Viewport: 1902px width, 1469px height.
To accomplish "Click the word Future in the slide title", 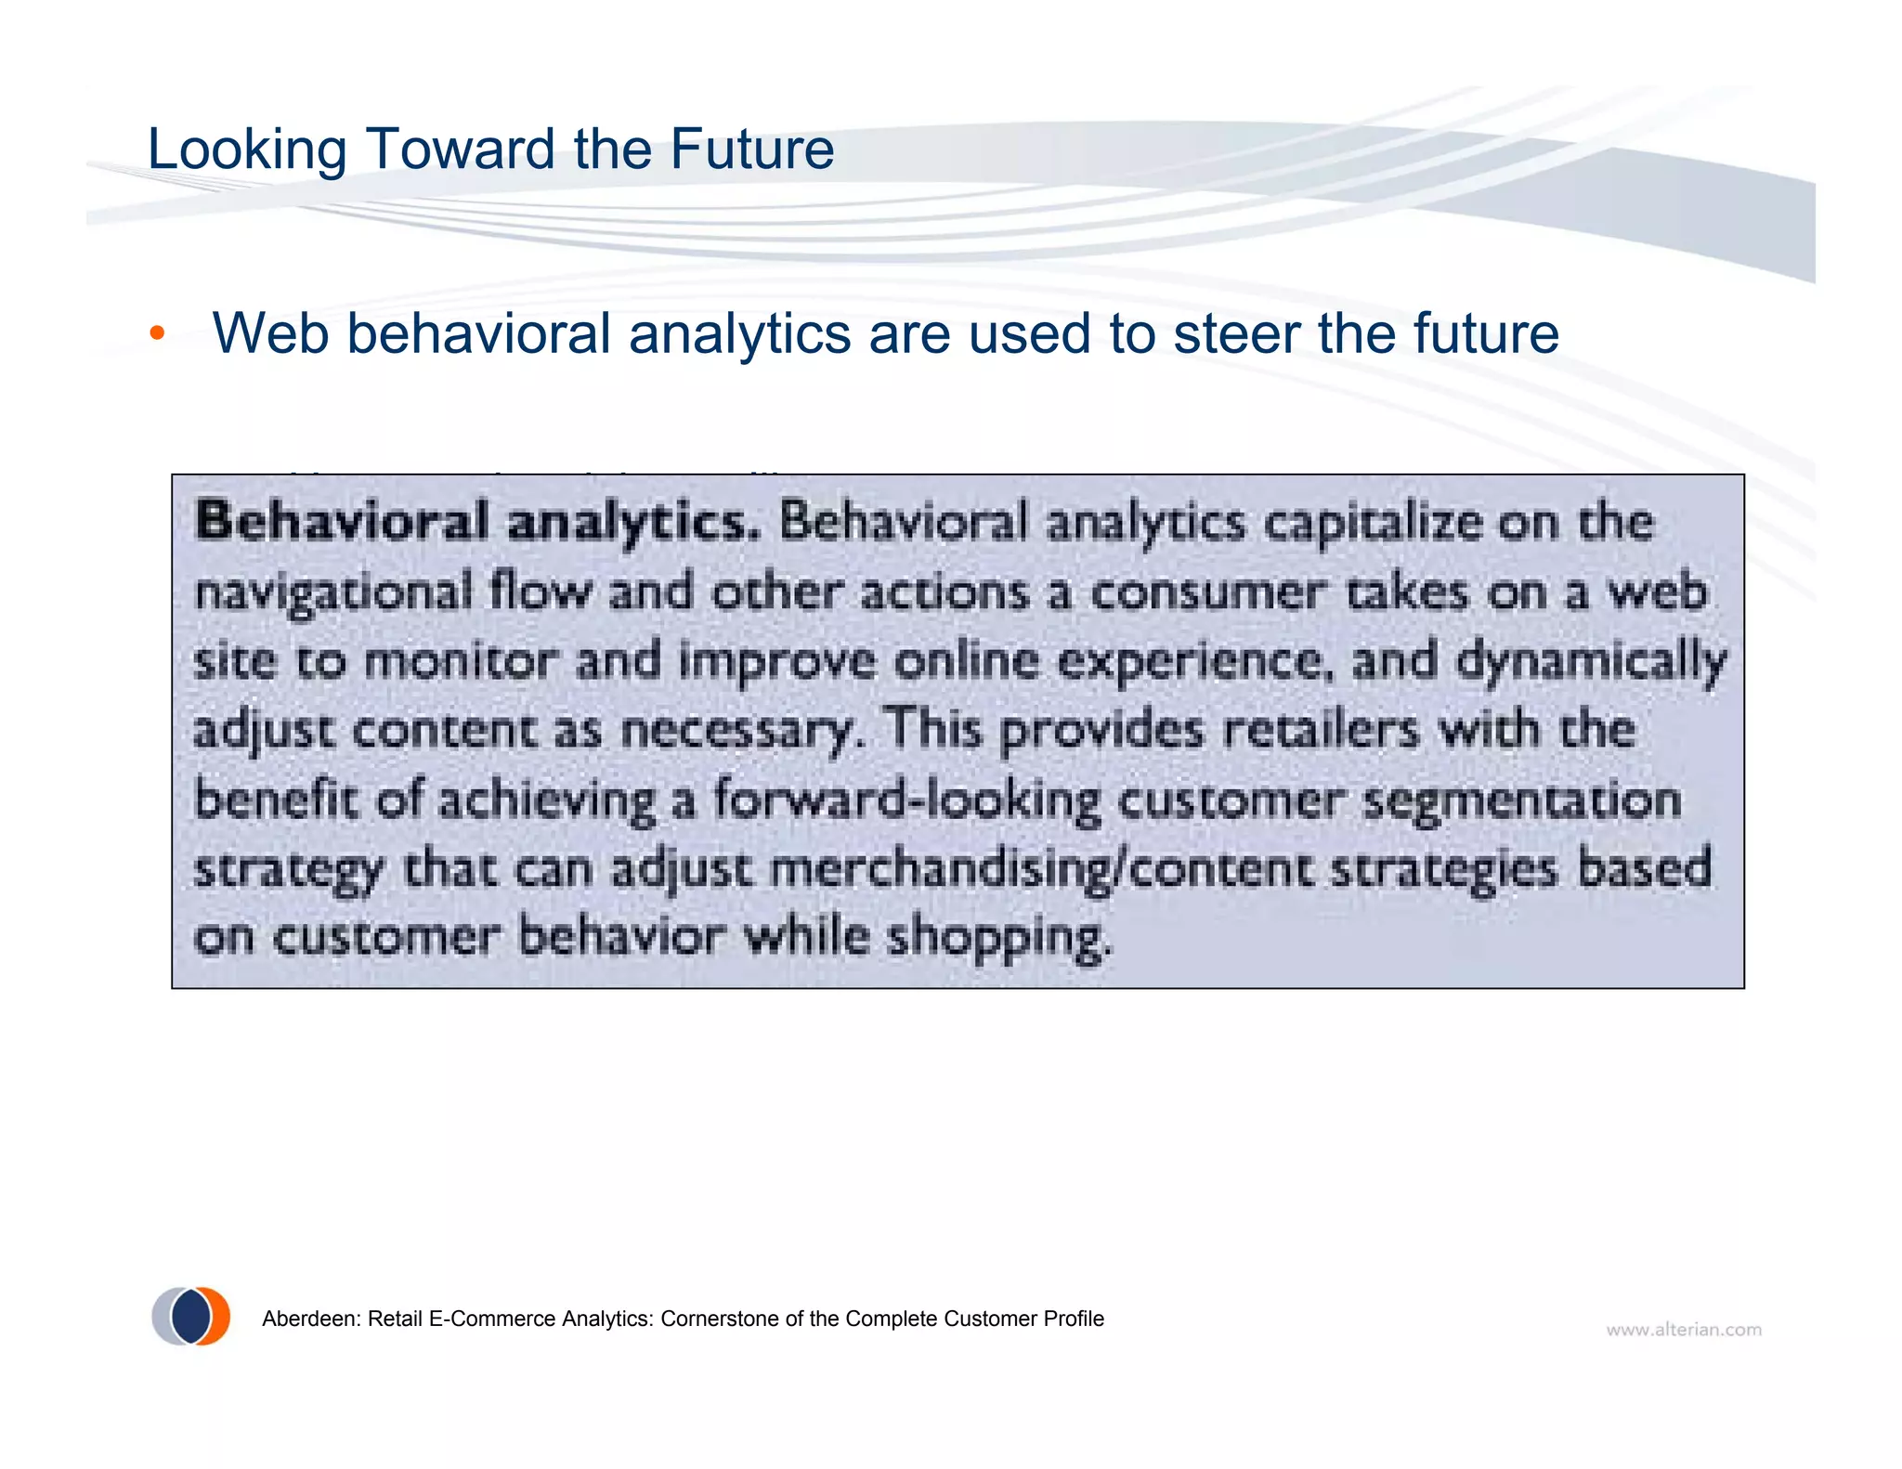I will click(751, 149).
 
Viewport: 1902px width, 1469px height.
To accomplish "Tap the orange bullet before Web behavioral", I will click(157, 333).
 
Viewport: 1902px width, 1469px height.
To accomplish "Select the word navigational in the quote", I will click(333, 592).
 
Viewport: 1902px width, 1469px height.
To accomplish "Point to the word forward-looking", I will click(906, 800).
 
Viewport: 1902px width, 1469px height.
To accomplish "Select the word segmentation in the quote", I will click(1521, 800).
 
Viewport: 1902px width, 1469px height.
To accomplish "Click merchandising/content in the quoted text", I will click(1040, 870).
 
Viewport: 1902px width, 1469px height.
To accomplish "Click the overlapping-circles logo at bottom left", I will click(191, 1316).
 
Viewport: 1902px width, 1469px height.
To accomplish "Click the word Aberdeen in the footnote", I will click(309, 1319).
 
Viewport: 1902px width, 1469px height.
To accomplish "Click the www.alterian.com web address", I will click(1683, 1330).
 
